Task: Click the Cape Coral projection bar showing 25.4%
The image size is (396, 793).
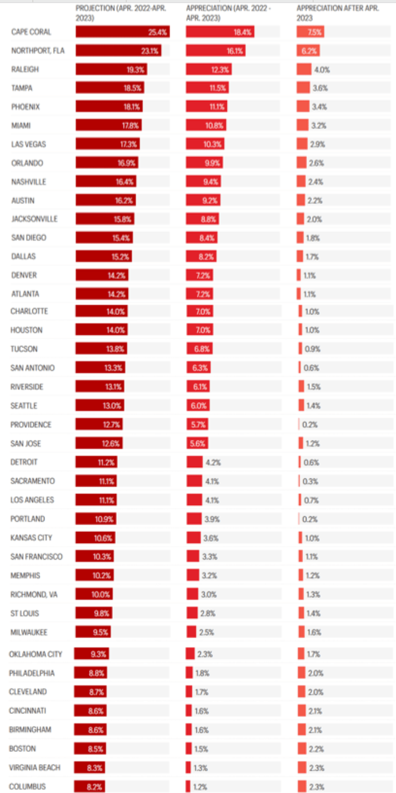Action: (122, 32)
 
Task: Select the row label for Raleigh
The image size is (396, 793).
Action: (25, 70)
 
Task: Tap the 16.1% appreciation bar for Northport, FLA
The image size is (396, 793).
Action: (215, 51)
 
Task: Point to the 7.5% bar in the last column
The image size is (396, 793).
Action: (310, 32)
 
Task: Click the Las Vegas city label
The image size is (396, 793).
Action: (28, 144)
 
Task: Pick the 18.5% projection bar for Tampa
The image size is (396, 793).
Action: (110, 88)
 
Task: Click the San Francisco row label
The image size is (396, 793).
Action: (36, 557)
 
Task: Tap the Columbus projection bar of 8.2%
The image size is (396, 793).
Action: (90, 787)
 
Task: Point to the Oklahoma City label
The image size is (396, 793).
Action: (36, 654)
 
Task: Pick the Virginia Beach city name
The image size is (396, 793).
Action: (34, 768)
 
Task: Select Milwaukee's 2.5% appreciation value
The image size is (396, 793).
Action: (209, 632)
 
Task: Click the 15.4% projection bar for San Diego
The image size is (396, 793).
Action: (103, 238)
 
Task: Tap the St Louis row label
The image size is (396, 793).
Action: (24, 614)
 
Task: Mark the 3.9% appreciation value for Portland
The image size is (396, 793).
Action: (212, 519)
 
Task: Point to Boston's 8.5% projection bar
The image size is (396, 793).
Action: (90, 749)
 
